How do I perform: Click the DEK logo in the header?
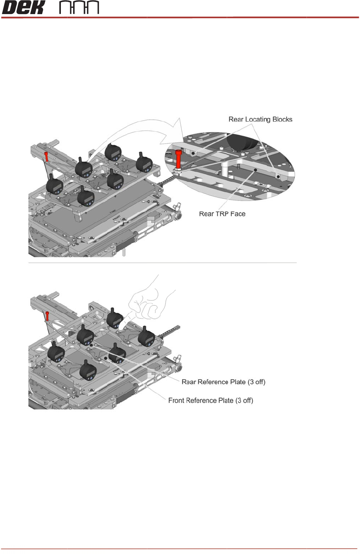[x=23, y=7]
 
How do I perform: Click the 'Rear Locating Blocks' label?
[x=260, y=119]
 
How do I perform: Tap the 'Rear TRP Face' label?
[x=222, y=214]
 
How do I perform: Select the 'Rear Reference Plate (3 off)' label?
[x=223, y=382]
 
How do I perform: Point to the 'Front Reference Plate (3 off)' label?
[x=210, y=400]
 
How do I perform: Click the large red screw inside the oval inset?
[x=179, y=159]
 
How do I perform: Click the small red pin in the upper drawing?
[x=46, y=156]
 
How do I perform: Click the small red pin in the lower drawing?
[x=47, y=316]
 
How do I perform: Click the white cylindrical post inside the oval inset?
[x=225, y=169]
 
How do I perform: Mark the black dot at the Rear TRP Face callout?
[x=255, y=170]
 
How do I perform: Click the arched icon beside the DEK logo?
[x=79, y=7]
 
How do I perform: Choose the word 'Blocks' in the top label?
[x=282, y=119]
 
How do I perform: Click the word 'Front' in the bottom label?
[x=176, y=400]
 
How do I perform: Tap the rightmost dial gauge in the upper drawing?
[x=144, y=163]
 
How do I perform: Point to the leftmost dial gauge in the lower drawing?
[x=56, y=352]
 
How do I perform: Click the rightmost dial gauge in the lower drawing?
[x=146, y=337]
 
